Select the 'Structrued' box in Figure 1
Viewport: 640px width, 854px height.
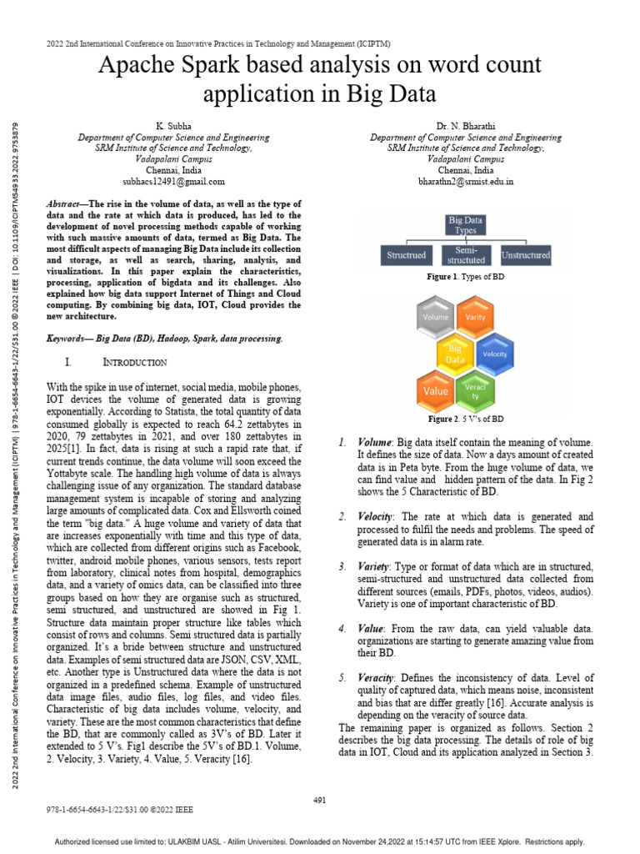pos(406,254)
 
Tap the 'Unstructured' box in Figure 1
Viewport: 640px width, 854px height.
pos(525,254)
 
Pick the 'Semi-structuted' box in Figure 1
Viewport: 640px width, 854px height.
pos(467,254)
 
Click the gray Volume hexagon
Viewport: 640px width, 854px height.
pos(436,318)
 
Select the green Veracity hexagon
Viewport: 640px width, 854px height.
pos(474,390)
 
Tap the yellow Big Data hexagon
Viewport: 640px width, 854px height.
pos(455,354)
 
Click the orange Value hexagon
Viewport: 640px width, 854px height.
pos(436,390)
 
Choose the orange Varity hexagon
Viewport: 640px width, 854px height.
pos(474,318)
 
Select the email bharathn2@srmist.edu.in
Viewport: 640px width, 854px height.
pos(465,181)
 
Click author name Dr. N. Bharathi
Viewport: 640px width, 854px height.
pos(465,125)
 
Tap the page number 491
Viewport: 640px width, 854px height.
pos(319,801)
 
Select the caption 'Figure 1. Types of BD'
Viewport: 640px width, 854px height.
pos(465,276)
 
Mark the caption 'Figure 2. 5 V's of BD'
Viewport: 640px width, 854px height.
pos(465,419)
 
